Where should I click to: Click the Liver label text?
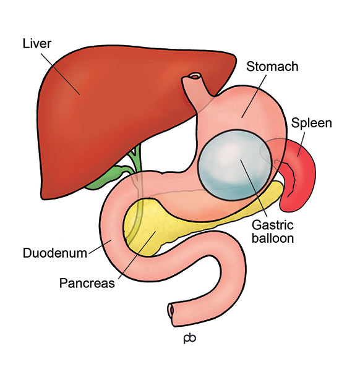pyautogui.click(x=37, y=43)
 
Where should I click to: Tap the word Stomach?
pyautogui.click(x=272, y=66)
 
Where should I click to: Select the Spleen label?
pyautogui.click(x=311, y=123)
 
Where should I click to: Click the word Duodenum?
pyautogui.click(x=55, y=253)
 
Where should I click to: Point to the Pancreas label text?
pyautogui.click(x=87, y=283)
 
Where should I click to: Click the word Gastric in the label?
pyautogui.click(x=273, y=225)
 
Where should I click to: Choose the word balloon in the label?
pyautogui.click(x=273, y=238)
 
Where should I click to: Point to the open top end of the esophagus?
pyautogui.click(x=194, y=77)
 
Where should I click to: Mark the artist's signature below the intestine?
pyautogui.click(x=190, y=338)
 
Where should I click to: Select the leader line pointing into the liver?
pyautogui.click(x=61, y=74)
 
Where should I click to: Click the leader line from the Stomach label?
pyautogui.click(x=254, y=96)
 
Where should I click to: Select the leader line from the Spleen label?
pyautogui.click(x=301, y=145)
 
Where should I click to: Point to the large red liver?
pyautogui.click(x=115, y=115)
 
